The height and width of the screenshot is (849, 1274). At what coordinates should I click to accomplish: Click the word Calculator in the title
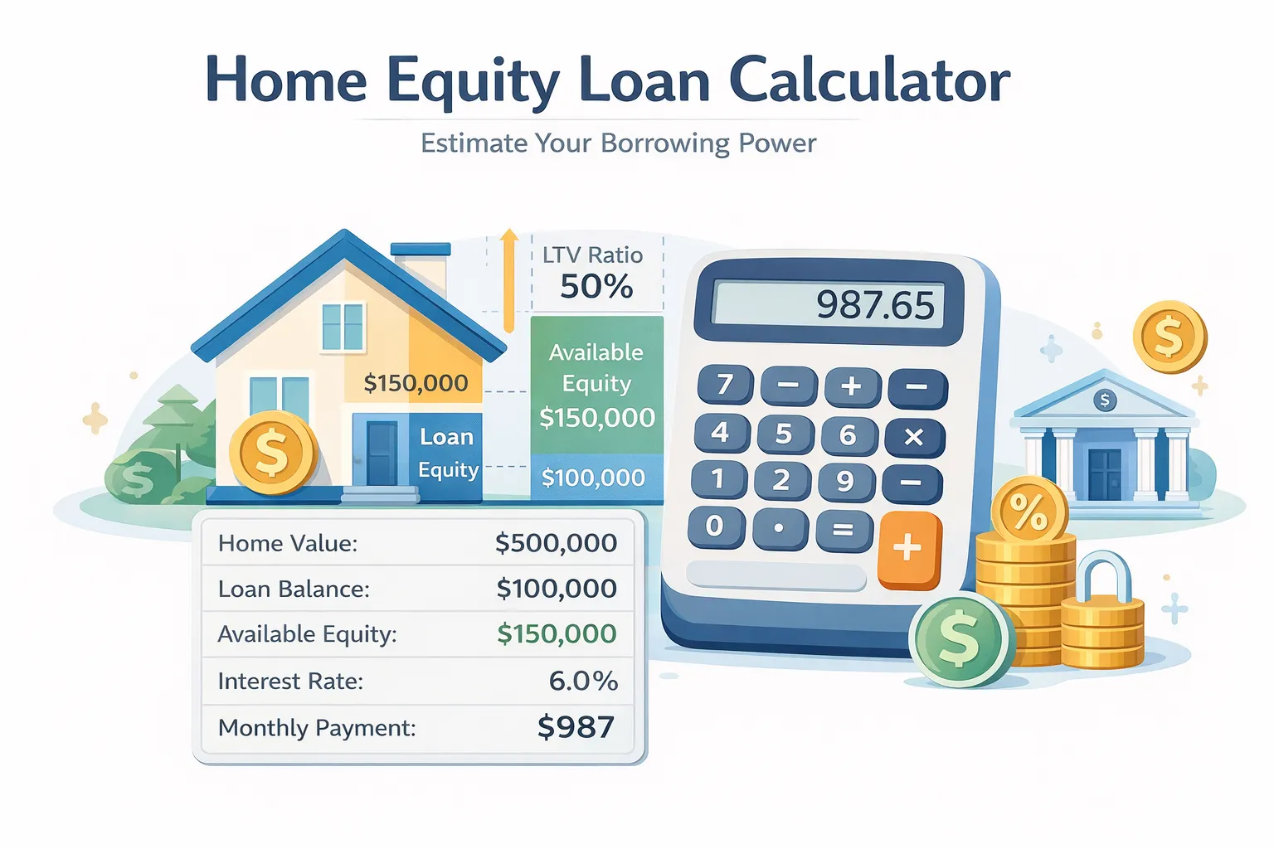click(x=869, y=80)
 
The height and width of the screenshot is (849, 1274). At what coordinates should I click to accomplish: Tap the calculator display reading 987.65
click(x=829, y=304)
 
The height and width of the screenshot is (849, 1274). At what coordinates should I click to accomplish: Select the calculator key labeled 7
click(x=725, y=385)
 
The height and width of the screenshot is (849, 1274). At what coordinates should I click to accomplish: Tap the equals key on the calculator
click(x=844, y=529)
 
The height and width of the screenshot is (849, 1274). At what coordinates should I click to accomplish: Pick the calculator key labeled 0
click(x=715, y=526)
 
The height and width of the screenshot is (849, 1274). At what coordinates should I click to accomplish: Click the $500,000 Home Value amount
click(x=556, y=543)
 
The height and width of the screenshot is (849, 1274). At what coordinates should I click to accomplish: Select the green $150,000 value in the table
click(x=557, y=634)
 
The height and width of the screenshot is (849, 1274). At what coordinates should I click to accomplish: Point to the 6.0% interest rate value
click(x=583, y=681)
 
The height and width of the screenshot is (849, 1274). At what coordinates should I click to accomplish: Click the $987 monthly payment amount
click(x=576, y=727)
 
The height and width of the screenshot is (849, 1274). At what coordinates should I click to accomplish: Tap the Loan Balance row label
click(x=294, y=589)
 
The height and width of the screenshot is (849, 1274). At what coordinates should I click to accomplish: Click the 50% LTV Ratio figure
click(x=596, y=287)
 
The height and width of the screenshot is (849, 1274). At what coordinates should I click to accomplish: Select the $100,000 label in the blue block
click(x=593, y=478)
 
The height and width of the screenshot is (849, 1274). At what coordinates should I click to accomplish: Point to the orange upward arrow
click(x=509, y=278)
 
